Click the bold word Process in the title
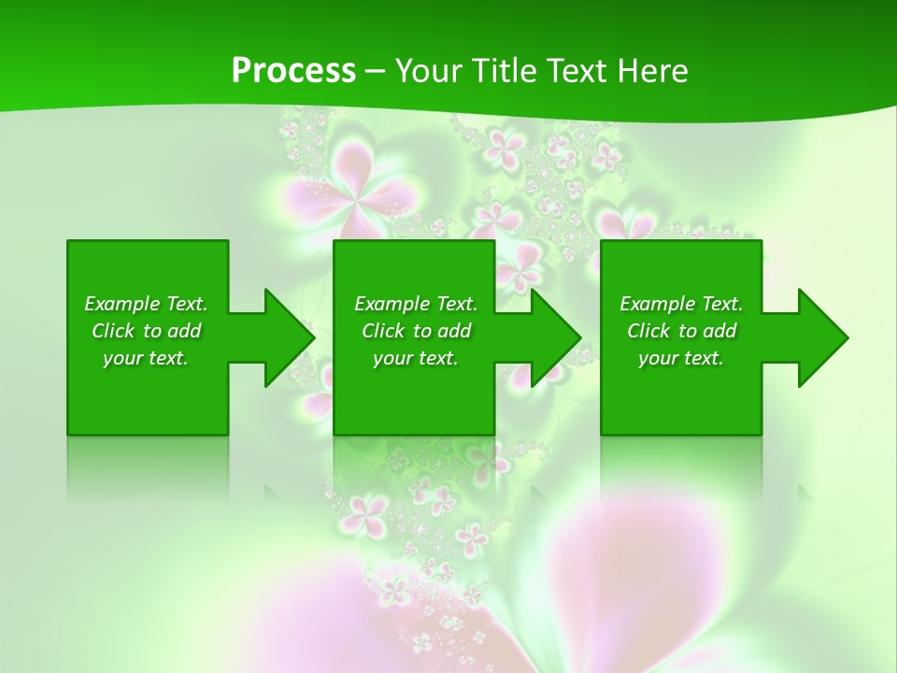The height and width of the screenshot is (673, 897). pos(293,70)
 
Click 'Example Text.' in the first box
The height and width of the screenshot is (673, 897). pos(146,304)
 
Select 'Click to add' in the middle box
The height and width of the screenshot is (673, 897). pos(416,331)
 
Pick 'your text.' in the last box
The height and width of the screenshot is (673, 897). pos(681,358)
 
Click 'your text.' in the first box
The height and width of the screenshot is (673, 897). pos(146,358)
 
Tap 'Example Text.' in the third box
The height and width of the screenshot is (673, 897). pos(681,304)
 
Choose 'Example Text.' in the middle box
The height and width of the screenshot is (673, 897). pos(416,304)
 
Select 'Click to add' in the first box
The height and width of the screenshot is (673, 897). pos(146,331)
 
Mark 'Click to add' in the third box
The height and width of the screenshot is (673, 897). pos(681,331)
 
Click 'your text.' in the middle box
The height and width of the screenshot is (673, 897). pos(416,358)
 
